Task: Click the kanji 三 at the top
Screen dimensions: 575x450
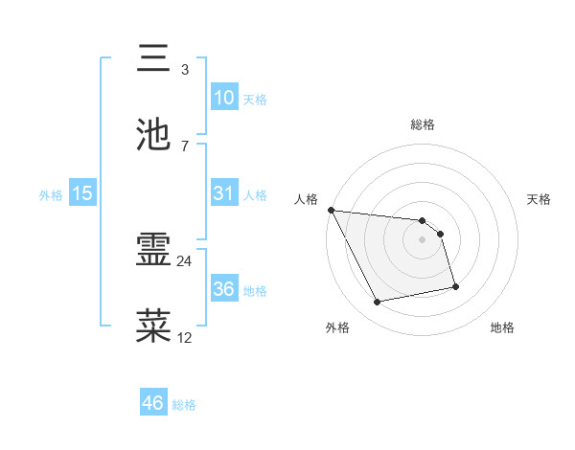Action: pos(154,58)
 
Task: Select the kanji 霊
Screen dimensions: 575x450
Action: pos(154,251)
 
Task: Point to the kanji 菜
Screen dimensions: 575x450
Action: pos(154,326)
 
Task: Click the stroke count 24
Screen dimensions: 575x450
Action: pos(185,260)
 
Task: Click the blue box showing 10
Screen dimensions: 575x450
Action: pos(223,98)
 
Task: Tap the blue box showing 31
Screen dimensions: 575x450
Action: pos(223,193)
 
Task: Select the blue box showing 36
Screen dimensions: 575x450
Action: pos(223,289)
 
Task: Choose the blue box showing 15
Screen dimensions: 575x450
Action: pos(81,193)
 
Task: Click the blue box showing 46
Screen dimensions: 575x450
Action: pos(152,403)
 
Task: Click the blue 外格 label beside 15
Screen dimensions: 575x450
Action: pos(51,194)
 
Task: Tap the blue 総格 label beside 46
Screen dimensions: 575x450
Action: pos(184,405)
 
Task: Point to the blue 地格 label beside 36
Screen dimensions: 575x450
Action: pos(255,290)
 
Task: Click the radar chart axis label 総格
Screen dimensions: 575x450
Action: pos(422,124)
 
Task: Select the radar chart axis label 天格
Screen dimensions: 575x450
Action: pos(540,199)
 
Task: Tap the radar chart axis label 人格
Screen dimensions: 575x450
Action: pos(306,199)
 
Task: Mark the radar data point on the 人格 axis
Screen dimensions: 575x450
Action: pos(331,210)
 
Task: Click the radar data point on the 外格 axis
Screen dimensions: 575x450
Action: pos(378,303)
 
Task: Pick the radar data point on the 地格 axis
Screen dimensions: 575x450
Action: pos(455,286)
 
